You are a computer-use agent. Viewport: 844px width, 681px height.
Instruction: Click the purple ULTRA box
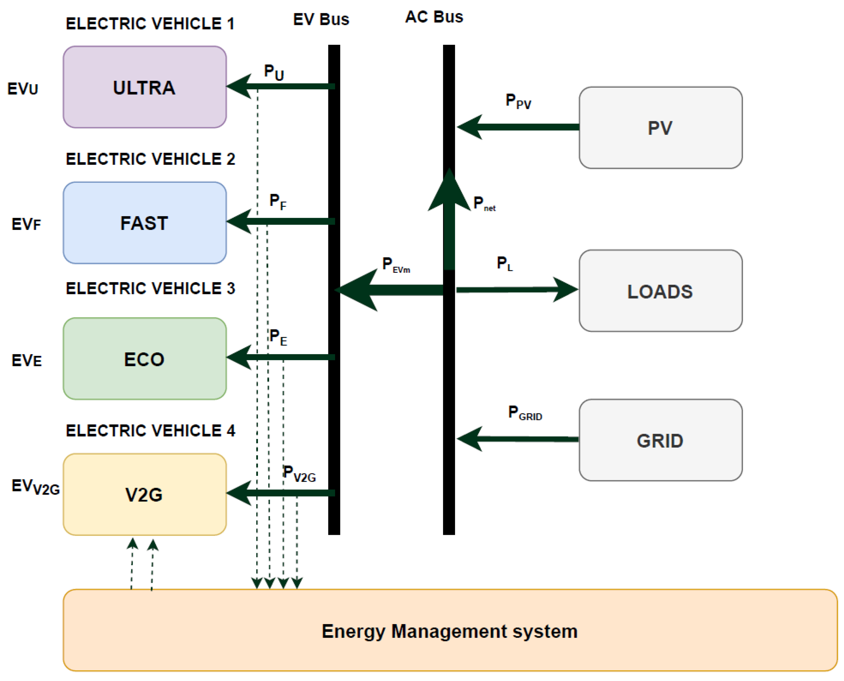pos(144,87)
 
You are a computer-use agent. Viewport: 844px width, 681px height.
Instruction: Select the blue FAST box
pos(144,223)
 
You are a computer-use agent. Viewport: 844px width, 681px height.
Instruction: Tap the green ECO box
pos(144,359)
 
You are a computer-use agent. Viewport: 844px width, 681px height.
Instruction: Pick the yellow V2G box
pos(144,495)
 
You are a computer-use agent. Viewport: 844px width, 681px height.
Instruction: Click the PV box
pos(660,128)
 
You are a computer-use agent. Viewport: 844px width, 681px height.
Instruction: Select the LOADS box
pos(660,291)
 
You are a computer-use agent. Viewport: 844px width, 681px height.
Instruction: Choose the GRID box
pos(660,440)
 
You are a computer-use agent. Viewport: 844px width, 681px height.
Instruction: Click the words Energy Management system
pos(450,631)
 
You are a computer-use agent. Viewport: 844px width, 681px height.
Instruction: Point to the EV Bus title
pos(321,20)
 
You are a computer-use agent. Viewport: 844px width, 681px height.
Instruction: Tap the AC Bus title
pos(434,17)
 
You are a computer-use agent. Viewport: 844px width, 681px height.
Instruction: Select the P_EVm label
pos(396,265)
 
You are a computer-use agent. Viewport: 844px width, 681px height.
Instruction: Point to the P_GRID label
pos(524,413)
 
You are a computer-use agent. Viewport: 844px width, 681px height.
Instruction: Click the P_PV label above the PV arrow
pos(518,101)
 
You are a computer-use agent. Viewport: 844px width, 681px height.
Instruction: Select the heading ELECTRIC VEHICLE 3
pos(150,289)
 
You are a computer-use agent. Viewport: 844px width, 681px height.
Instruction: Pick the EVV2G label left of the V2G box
pos(35,487)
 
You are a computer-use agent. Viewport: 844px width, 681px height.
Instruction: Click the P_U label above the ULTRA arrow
pos(274,73)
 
